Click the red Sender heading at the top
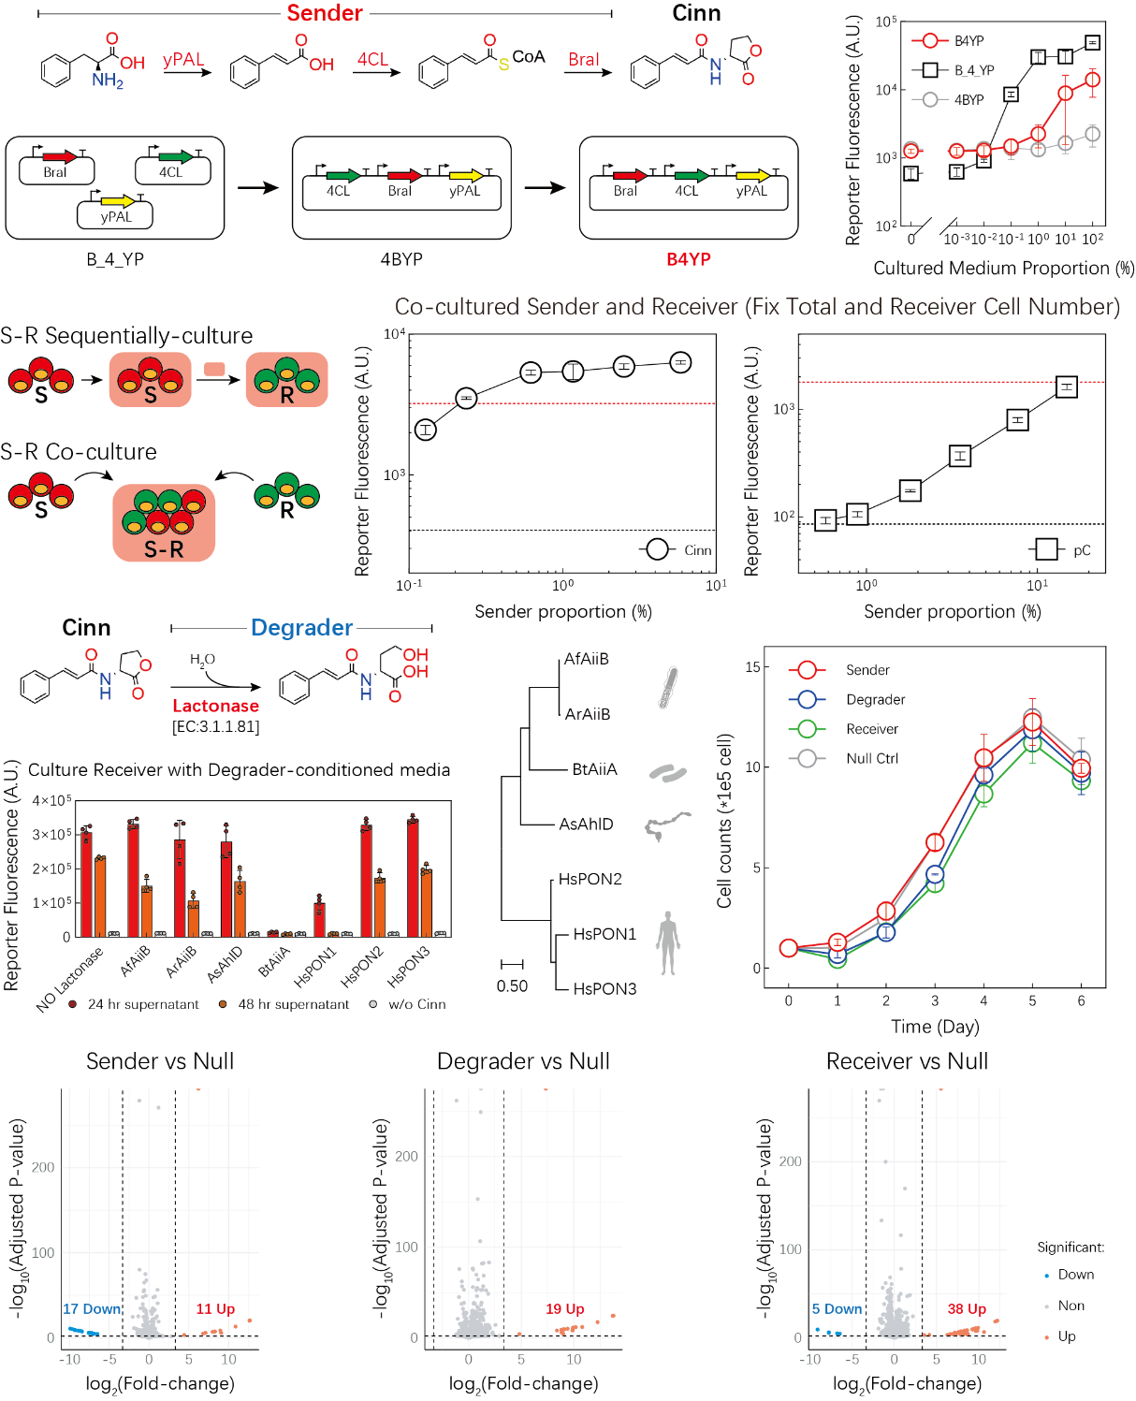pos(324,13)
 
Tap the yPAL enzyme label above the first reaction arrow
pos(183,60)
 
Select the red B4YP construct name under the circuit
pos(689,259)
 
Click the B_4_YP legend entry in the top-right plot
pos(973,70)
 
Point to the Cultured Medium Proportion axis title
pos(1003,269)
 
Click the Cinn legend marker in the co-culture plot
pos(658,549)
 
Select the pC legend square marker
pos(1047,549)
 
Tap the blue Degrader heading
pos(301,627)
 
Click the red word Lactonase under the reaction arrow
pos(215,706)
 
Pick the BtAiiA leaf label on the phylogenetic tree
pos(594,769)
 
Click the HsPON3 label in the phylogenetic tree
pos(604,988)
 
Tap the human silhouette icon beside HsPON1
pos(667,942)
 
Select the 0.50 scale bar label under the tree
pos(512,986)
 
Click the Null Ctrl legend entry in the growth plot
pos(872,758)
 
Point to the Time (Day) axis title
pos(935,1027)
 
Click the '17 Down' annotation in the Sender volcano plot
pos(92,1309)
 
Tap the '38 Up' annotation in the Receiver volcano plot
pos(967,1309)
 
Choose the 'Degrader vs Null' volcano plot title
pos(523,1061)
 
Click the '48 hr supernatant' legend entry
pos(293,1004)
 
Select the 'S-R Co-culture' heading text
pos(79,452)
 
